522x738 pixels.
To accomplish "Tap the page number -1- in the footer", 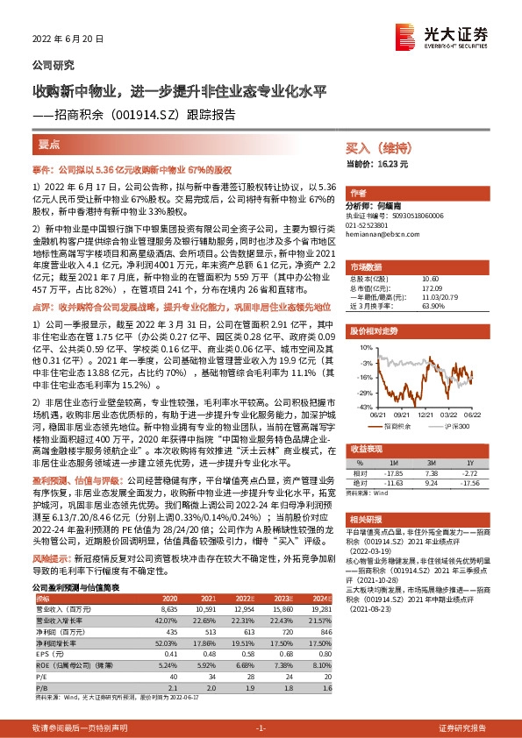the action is pos(260,727).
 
